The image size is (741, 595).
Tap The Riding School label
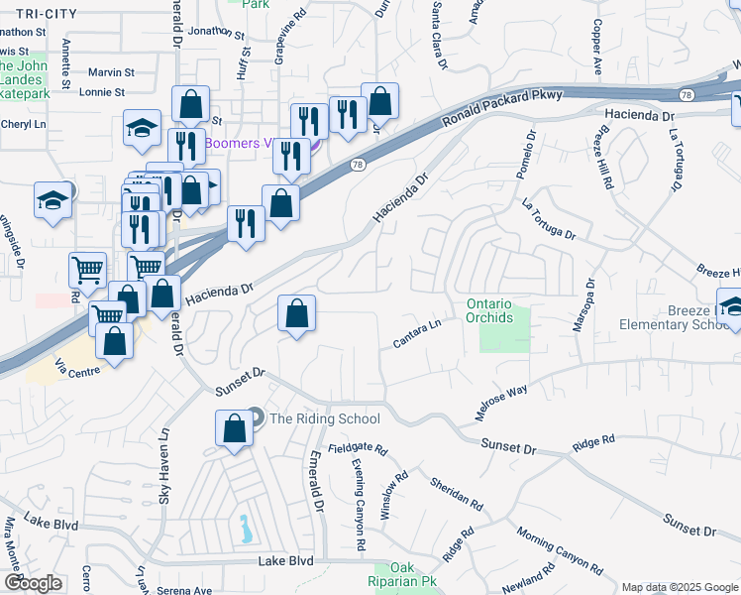coord(324,418)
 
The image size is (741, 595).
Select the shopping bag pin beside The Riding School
coord(234,430)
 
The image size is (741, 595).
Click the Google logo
coord(34,583)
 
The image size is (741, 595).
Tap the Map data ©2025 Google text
coord(681,587)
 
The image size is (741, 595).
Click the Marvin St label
coord(110,72)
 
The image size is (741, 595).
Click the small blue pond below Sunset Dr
coord(244,529)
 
